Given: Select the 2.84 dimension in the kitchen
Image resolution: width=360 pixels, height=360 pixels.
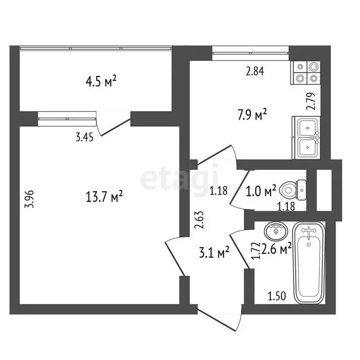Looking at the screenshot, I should click(255, 72).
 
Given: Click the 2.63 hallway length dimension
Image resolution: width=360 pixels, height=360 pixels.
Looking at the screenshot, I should click(199, 220).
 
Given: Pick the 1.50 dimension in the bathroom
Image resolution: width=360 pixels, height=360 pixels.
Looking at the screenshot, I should click(276, 296).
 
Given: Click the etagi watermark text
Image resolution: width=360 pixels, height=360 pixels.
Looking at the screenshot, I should click(180, 178).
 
